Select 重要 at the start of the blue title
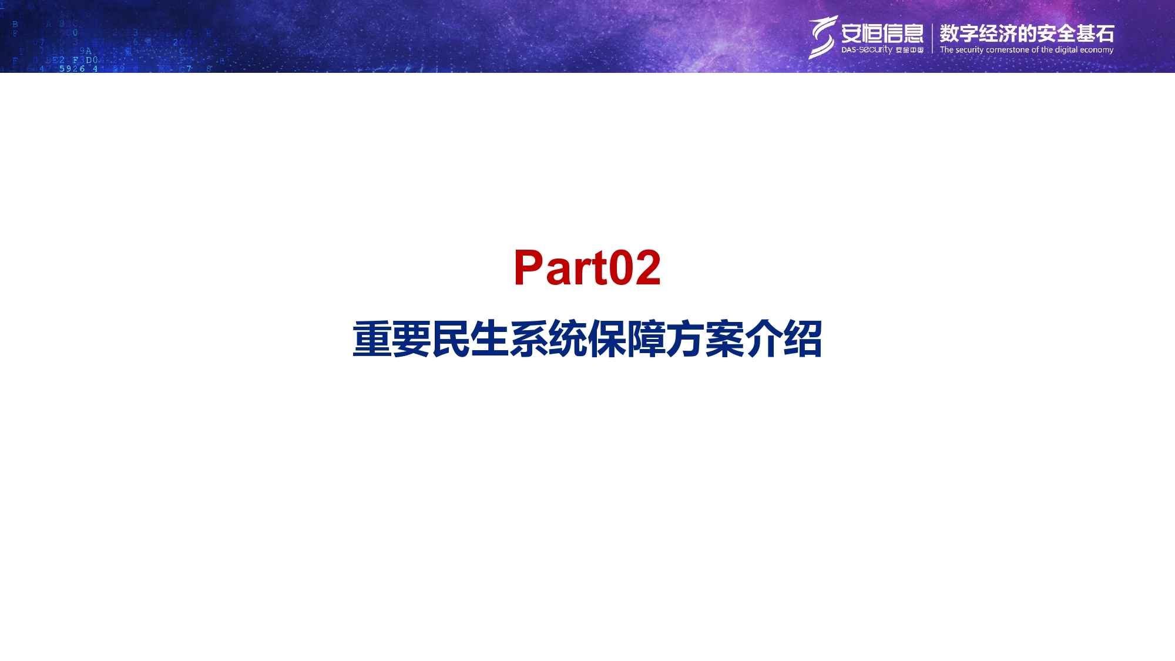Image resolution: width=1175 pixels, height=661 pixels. [x=391, y=339]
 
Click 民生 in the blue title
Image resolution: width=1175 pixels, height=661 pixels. [x=470, y=339]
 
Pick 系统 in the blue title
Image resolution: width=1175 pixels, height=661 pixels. [x=548, y=339]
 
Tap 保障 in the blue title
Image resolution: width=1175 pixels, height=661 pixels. [x=626, y=339]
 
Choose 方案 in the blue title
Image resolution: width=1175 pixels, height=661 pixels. [x=705, y=339]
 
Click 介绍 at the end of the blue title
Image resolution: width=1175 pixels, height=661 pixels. [x=783, y=339]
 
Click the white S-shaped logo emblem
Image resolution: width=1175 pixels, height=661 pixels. [x=822, y=37]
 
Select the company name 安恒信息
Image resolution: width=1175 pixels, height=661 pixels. [x=882, y=33]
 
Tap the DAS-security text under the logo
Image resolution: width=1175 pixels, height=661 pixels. [x=867, y=50]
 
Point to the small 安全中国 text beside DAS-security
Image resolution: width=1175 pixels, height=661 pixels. [x=909, y=50]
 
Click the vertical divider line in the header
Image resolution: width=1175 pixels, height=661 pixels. [x=932, y=38]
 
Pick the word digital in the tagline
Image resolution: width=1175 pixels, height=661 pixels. [x=1066, y=50]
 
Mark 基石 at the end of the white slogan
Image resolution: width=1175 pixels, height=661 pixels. [x=1095, y=33]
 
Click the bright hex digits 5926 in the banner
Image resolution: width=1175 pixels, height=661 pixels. [x=72, y=69]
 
